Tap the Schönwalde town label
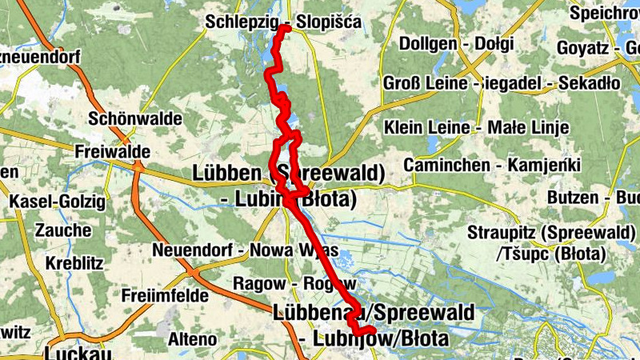pyautogui.click(x=135, y=118)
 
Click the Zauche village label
pyautogui.click(x=63, y=230)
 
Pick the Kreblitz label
pyautogui.click(x=66, y=263)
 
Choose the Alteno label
pyautogui.click(x=192, y=339)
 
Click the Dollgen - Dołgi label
pyautogui.click(x=454, y=43)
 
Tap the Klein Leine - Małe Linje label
pyautogui.click(x=476, y=127)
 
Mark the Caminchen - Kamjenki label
pyautogui.click(x=491, y=165)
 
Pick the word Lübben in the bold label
pyautogui.click(x=226, y=174)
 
